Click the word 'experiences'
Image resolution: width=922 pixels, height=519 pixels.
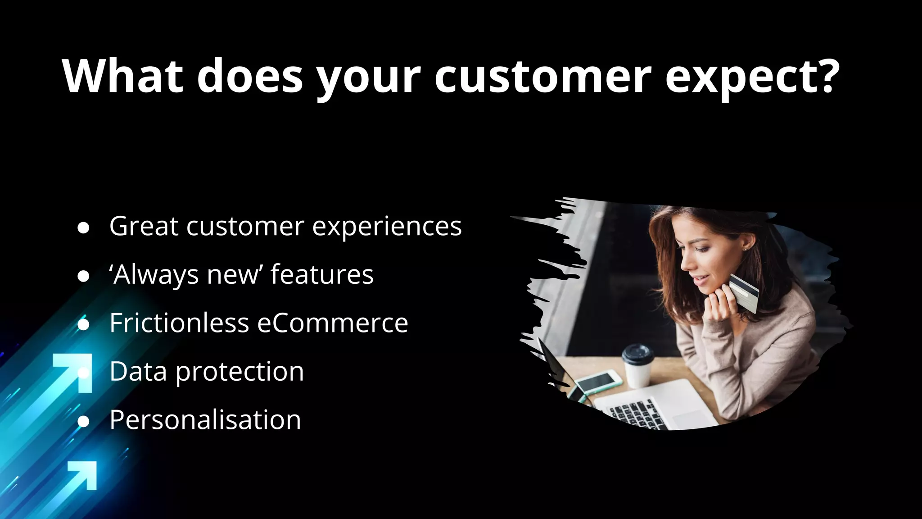[x=387, y=227]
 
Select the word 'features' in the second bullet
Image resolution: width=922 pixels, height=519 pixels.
[x=322, y=274]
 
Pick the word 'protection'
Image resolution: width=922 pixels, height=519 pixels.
[x=240, y=372]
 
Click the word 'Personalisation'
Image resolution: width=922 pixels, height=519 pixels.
[x=205, y=420]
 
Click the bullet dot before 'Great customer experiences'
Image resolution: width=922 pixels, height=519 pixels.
[x=83, y=228]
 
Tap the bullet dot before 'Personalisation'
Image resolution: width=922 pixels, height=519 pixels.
[x=83, y=422]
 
